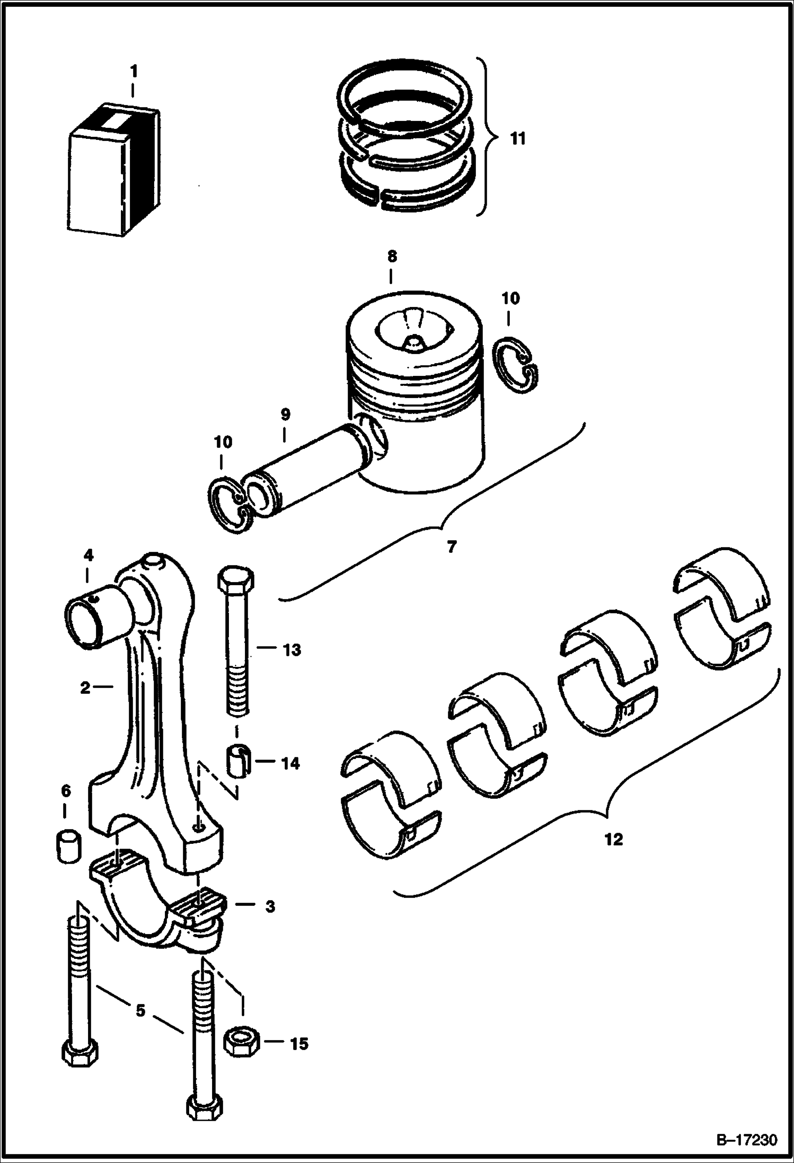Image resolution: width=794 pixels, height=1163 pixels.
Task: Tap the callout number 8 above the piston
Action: pyautogui.click(x=391, y=257)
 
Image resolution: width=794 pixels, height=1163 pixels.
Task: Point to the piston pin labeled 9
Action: pyautogui.click(x=313, y=467)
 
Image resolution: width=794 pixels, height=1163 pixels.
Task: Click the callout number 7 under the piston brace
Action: pyautogui.click(x=451, y=547)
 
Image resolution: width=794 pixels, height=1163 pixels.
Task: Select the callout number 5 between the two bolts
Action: pyautogui.click(x=140, y=1010)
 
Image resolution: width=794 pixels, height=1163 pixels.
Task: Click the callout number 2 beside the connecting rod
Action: pyautogui.click(x=85, y=688)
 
